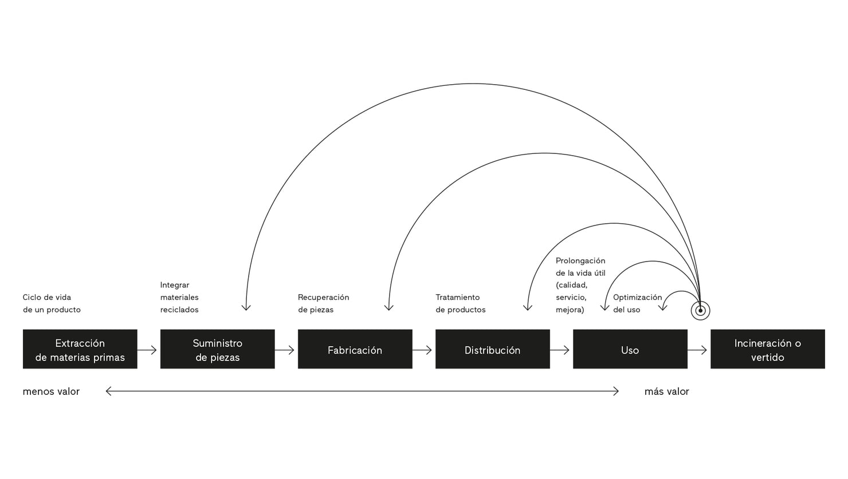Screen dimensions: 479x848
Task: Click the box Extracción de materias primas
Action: [80, 349]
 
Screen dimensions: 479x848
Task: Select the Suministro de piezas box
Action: [217, 349]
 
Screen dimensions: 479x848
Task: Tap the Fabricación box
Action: [355, 349]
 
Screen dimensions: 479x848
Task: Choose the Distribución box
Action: [492, 349]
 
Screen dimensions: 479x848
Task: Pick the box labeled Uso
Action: [630, 349]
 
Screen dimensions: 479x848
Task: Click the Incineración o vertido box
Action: [767, 349]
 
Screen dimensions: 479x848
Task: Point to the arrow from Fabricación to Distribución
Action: [423, 350]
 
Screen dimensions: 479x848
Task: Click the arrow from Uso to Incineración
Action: [698, 350]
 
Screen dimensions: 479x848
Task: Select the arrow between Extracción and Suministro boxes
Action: [148, 350]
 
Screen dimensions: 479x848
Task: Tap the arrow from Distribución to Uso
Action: [560, 350]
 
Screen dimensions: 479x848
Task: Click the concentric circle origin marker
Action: [700, 311]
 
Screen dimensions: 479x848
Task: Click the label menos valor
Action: [51, 391]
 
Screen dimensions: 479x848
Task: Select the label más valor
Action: [666, 391]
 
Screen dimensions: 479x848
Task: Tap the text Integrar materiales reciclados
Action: [179, 298]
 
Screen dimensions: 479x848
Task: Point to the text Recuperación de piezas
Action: [323, 303]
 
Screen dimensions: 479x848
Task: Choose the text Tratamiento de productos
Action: [460, 303]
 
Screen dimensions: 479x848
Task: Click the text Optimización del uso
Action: [637, 303]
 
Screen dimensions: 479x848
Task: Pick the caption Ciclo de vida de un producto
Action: [52, 303]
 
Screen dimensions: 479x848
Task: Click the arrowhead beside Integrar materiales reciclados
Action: [246, 308]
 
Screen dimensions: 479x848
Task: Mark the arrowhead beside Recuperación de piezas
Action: [389, 308]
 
